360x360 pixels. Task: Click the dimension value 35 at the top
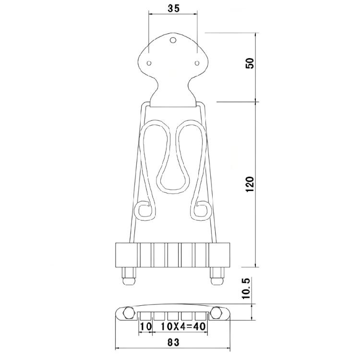coord(173,9)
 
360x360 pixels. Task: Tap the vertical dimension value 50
coord(250,63)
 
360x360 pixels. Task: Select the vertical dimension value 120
coord(250,185)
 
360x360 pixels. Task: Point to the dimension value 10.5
coord(246,288)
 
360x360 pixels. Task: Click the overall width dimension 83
coord(173,342)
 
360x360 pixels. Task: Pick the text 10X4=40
coord(183,326)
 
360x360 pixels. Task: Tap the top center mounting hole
coord(173,40)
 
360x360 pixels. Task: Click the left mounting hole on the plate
coord(149,63)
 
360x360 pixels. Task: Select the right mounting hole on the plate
coord(197,63)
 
